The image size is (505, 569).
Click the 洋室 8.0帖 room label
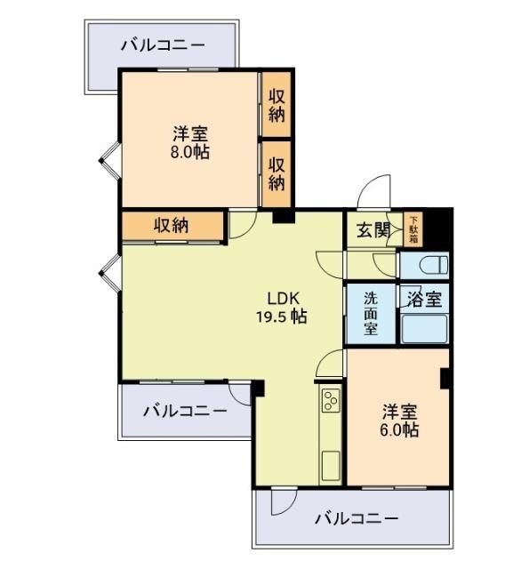(x=190, y=143)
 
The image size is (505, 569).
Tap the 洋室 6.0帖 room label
(x=400, y=421)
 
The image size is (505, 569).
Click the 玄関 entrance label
(x=373, y=230)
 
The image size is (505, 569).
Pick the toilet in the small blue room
(x=425, y=265)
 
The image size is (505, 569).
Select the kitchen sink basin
(x=329, y=462)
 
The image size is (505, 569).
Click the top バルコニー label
(x=162, y=44)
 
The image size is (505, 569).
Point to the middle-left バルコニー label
(x=184, y=410)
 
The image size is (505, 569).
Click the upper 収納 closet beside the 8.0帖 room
(x=277, y=104)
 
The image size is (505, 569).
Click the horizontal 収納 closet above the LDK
(x=171, y=225)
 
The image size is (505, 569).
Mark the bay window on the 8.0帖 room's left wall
(x=108, y=160)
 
